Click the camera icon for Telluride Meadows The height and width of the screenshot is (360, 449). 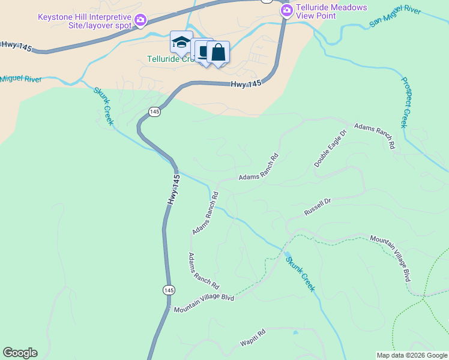coord(286,10)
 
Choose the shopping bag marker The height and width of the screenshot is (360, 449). coord(218,53)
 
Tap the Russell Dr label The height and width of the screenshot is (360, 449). coord(318,208)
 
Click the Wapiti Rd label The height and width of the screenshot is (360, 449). coord(253,338)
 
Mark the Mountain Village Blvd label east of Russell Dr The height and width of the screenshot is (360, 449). coord(391,257)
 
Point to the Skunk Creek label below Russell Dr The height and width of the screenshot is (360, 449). coord(299,274)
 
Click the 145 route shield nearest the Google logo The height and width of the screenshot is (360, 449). coord(169,290)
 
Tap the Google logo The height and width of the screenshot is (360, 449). coord(20,353)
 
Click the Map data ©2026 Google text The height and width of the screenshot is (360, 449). coord(412,355)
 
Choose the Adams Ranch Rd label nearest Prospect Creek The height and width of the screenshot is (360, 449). coord(375,136)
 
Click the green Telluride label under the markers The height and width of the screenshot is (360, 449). coord(170,59)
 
